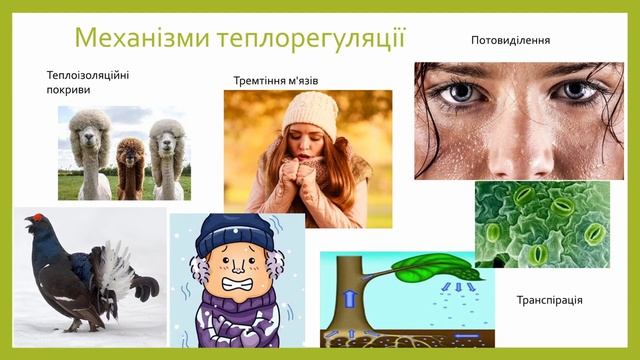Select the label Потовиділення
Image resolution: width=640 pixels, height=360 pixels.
[510, 40]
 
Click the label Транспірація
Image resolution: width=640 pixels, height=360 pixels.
[549, 300]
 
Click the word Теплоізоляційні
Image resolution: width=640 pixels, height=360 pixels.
[88, 75]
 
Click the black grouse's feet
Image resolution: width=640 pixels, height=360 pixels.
[75, 324]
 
